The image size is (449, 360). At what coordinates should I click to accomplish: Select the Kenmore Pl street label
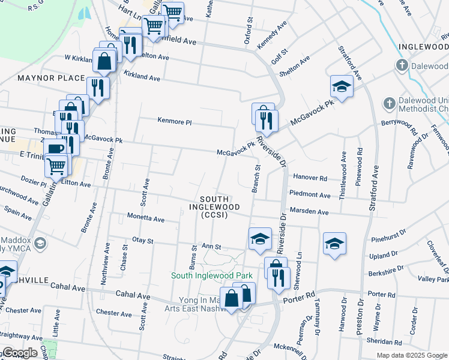[x=174, y=122]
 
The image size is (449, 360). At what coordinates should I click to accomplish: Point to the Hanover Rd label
[x=310, y=178]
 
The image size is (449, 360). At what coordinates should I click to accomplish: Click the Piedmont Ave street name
[x=310, y=194]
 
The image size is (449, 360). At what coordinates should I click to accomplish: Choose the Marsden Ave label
[x=309, y=212]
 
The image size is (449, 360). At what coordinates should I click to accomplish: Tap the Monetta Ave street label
[x=146, y=219]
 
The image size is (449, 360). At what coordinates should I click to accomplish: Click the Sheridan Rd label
[x=385, y=342]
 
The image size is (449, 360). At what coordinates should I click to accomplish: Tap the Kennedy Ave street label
[x=272, y=37]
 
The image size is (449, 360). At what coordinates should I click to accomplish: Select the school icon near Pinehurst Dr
[x=334, y=243]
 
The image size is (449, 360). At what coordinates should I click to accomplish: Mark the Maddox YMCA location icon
[x=40, y=243]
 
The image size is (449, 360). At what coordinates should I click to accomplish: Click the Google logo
[x=20, y=353]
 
